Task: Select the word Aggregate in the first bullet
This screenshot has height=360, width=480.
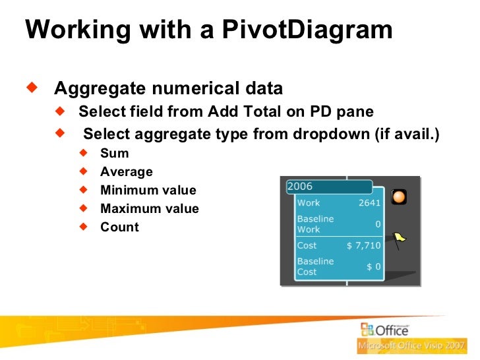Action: click(x=95, y=88)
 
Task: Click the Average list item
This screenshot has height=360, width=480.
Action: click(x=126, y=171)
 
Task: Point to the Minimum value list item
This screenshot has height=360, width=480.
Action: click(x=148, y=190)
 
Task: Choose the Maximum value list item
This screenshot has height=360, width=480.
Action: click(x=149, y=208)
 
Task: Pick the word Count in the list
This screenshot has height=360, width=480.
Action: click(x=119, y=227)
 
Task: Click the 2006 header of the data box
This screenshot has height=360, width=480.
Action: click(x=301, y=187)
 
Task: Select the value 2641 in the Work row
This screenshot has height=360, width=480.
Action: click(x=369, y=203)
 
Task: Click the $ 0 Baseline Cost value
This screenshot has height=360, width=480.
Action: click(x=373, y=266)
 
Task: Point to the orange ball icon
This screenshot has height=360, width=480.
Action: click(x=398, y=196)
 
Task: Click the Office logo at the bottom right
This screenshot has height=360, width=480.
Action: click(x=384, y=330)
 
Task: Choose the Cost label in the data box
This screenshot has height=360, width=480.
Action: click(x=307, y=245)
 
